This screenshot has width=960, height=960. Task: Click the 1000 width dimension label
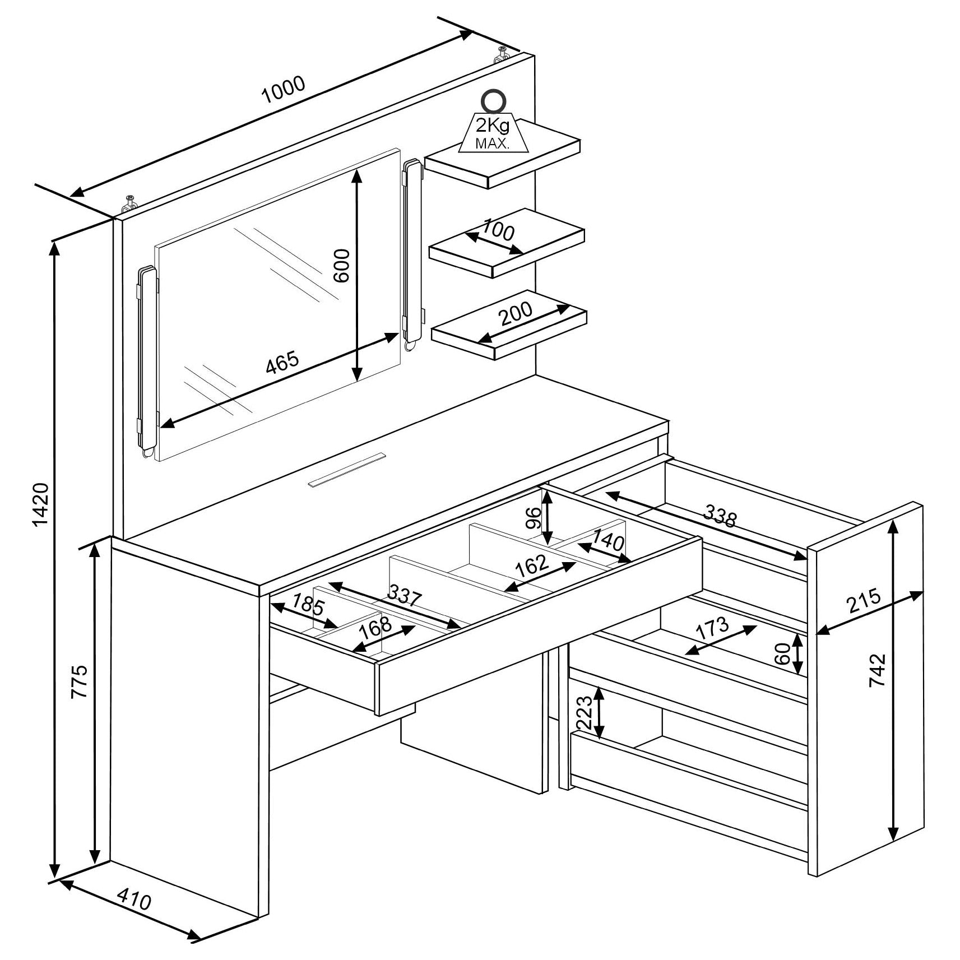coord(284,90)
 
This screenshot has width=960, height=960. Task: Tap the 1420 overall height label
coord(41,504)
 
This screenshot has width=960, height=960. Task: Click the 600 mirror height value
coord(341,266)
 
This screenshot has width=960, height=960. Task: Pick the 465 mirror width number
coord(282,363)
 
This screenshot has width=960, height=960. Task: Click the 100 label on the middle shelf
coord(498,230)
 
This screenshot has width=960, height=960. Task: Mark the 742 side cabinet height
coord(876,670)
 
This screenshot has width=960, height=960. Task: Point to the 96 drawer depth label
coord(535,518)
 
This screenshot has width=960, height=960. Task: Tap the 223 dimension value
coord(583,712)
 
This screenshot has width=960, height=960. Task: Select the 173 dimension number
coord(712,629)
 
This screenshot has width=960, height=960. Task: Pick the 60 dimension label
coord(782,653)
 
